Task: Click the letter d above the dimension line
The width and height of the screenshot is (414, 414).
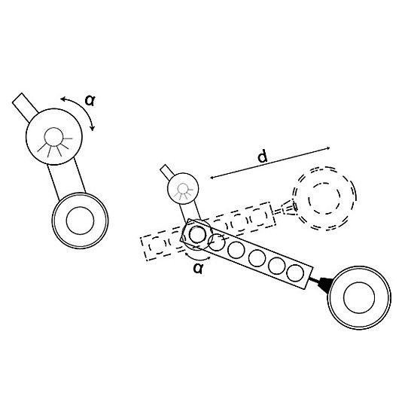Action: [x=262, y=157]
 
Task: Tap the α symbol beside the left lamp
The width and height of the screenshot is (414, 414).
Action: [x=90, y=100]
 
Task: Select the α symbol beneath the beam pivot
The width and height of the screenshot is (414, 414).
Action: [x=198, y=268]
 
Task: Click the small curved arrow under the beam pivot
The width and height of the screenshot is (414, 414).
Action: [x=197, y=258]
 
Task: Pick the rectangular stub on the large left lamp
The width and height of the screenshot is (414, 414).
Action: [x=26, y=107]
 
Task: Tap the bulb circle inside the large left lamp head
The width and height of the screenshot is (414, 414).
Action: [x=53, y=137]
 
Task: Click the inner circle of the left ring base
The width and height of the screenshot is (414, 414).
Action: [x=80, y=221]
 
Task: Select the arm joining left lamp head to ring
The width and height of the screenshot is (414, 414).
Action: [x=66, y=179]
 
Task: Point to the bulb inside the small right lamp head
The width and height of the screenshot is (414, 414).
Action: [x=182, y=189]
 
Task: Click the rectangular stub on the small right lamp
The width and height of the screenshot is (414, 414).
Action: [x=167, y=172]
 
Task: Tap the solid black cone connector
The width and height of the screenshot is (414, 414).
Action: [x=321, y=284]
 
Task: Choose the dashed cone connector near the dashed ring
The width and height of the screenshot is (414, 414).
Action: [x=287, y=209]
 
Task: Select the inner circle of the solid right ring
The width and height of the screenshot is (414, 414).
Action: [x=359, y=297]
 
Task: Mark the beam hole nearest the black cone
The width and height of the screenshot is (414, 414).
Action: [x=295, y=273]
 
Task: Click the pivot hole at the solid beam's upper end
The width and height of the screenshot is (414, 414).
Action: [x=196, y=234]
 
